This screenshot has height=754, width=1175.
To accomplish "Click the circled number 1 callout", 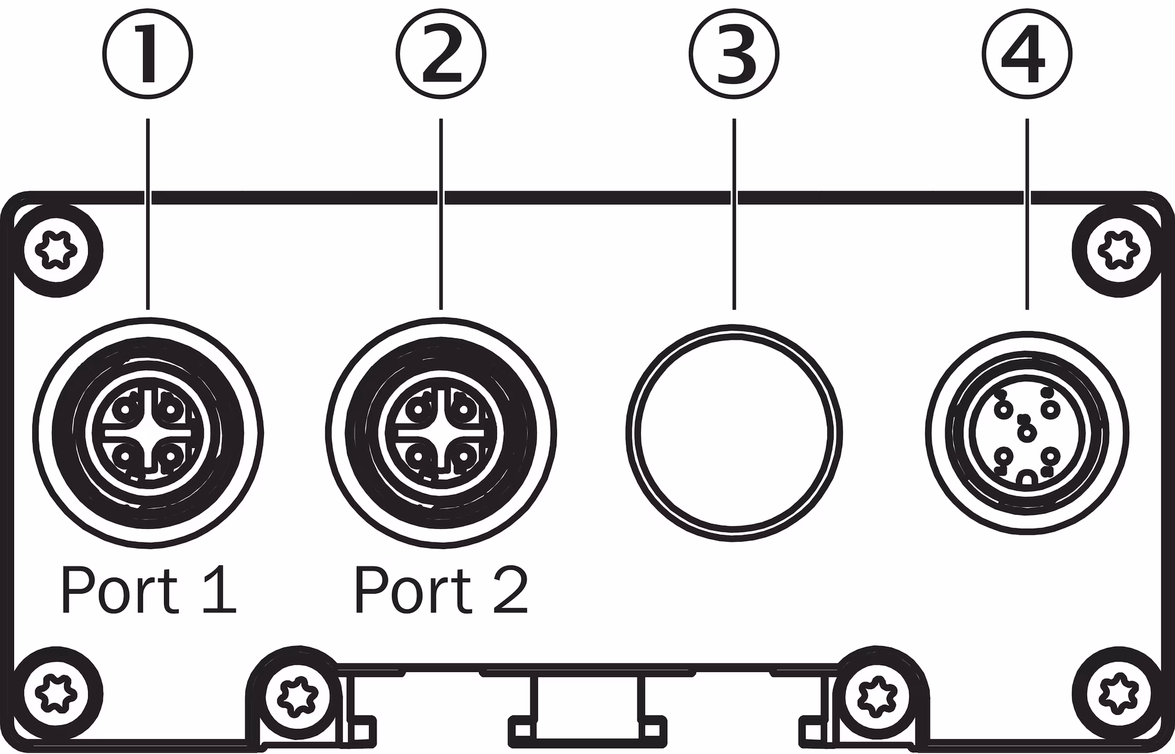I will pos(147,54).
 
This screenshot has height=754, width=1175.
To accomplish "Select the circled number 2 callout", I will pos(441,54).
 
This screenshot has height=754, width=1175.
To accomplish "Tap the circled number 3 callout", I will pos(734,54).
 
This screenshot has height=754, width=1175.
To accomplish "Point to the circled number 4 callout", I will pos(1027,54).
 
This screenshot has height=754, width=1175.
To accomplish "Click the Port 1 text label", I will pos(147,591).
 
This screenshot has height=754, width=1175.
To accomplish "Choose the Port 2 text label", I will pos(441,591).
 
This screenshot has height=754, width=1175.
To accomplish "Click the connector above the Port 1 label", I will pos(147,433).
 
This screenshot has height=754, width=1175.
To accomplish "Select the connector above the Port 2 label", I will pos(441,433).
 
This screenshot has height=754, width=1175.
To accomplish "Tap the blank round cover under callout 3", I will pos(734,433).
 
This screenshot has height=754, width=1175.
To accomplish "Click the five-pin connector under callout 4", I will pos(1027,433).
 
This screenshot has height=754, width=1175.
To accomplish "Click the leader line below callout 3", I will pos(734,214).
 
